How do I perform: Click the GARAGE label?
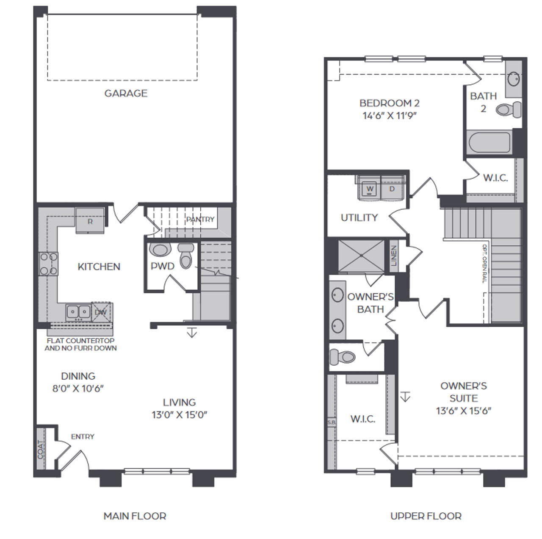coord(126,93)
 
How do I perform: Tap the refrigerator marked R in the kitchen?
coord(90,221)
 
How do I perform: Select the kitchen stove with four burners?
coord(48,264)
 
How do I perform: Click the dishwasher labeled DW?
coord(101,313)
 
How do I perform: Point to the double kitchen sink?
coord(78,312)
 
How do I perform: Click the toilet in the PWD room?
coord(185,256)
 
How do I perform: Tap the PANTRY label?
coord(200,219)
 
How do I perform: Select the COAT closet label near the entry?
coord(41,449)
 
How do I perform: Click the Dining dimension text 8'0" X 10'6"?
coord(78,389)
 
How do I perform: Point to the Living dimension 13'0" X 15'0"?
coord(180,415)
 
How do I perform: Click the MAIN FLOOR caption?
coord(135,516)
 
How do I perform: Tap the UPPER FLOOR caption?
coord(426,516)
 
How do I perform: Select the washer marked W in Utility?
coord(370,189)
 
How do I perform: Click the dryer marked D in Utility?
coord(392,189)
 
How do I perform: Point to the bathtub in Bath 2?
coord(489,142)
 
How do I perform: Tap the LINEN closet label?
coord(393,256)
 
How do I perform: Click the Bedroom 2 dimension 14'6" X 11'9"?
coord(390,116)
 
